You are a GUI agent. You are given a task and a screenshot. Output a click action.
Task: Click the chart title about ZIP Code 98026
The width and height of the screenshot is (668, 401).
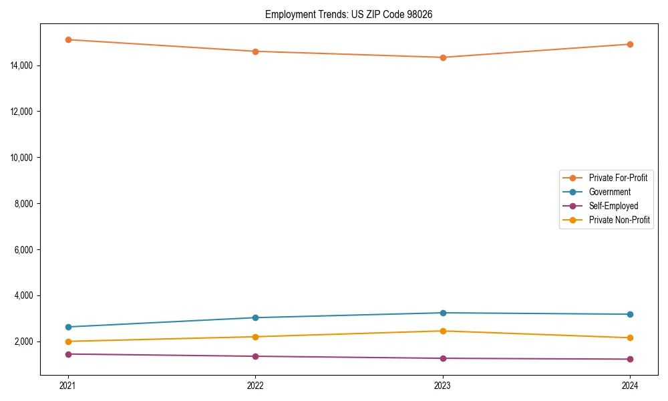349,14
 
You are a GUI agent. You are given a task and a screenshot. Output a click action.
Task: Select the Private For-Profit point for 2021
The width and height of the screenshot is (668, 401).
68,39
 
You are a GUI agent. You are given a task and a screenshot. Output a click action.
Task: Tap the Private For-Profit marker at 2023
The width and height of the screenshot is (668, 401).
443,57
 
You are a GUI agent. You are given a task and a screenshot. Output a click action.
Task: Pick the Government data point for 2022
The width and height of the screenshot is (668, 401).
255,317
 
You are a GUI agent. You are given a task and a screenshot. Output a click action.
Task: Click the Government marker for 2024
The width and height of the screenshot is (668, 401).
630,314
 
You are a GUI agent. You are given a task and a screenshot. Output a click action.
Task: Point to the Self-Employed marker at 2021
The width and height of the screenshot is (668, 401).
68,354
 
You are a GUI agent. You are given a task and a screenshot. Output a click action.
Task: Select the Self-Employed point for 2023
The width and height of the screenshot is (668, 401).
443,358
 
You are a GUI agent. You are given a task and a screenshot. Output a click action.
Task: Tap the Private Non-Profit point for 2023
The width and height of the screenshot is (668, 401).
443,331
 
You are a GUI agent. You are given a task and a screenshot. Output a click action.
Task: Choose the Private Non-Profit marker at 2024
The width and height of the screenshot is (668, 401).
630,338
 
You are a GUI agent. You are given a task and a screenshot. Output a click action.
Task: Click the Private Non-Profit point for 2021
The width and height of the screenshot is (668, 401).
68,342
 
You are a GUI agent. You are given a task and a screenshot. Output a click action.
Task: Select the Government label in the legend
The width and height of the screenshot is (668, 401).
609,192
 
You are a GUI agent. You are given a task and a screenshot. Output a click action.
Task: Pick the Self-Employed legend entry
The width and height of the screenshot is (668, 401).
613,206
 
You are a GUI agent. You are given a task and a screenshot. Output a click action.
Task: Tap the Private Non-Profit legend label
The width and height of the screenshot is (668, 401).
619,220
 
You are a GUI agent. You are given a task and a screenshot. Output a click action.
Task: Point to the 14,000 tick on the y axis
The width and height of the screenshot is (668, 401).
22,65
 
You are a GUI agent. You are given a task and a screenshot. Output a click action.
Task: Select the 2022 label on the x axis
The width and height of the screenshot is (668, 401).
255,385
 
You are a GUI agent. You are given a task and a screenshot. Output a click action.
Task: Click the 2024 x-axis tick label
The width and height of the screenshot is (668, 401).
630,385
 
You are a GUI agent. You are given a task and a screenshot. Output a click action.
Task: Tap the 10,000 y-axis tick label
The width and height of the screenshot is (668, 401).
22,157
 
